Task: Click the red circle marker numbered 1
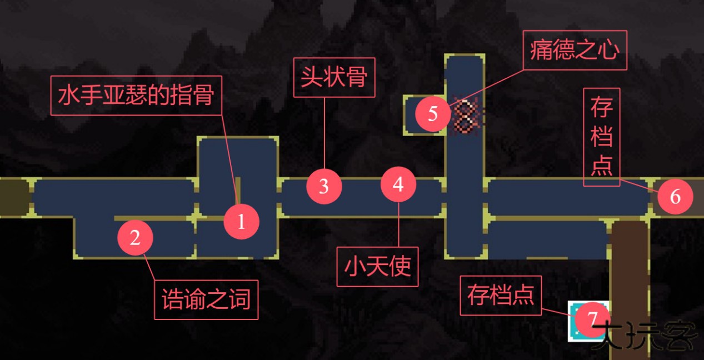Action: coord(241,222)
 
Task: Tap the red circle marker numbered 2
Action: coord(135,237)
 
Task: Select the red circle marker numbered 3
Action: coord(324,186)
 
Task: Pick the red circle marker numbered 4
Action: coord(398,184)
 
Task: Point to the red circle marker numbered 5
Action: coord(433,114)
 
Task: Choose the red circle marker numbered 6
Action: coord(675,197)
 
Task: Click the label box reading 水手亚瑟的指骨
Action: coord(136,96)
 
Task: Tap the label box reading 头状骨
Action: coord(334,77)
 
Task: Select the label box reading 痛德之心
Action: coord(575,50)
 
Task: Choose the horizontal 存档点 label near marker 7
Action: coord(501,296)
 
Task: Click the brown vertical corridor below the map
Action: coord(629,267)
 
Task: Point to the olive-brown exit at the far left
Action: coord(13,197)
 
